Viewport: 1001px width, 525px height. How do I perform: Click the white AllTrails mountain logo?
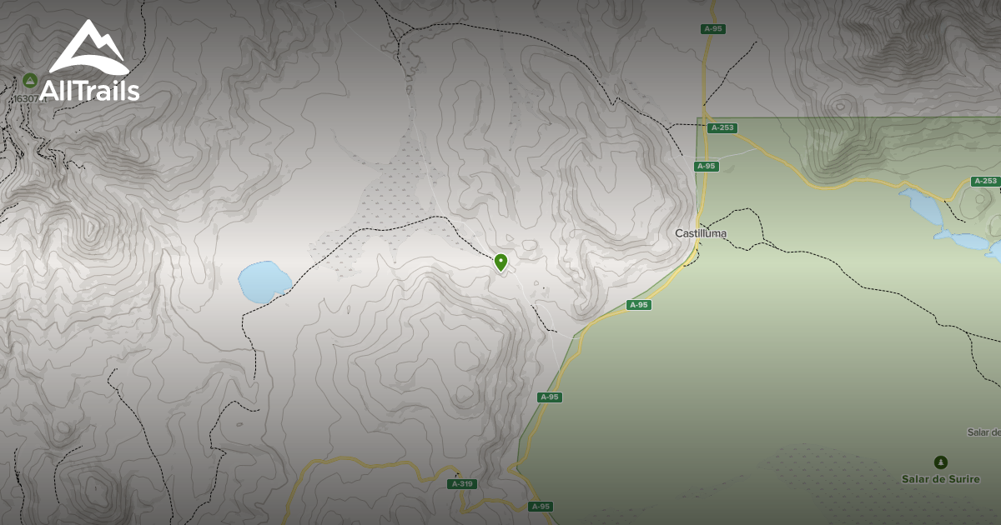[88, 50]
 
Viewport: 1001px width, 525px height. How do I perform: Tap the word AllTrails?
[89, 91]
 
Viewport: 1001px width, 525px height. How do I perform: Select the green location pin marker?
[500, 262]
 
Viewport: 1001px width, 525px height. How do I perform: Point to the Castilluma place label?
[701, 233]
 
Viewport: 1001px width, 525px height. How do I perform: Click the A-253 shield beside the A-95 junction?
[722, 128]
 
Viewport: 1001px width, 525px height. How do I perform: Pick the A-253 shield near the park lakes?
[985, 181]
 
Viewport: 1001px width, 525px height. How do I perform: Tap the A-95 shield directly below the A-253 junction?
[707, 167]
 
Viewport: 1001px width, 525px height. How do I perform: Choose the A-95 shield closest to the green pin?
[638, 305]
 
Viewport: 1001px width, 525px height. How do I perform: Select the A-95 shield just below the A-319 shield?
[541, 506]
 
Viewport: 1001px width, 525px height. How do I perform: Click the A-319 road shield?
[462, 484]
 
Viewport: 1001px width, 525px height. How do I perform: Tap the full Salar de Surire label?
[941, 479]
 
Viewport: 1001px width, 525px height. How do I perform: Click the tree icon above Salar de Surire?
[941, 462]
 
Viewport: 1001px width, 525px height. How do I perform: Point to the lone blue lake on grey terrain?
[264, 282]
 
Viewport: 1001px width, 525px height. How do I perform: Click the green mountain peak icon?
[30, 80]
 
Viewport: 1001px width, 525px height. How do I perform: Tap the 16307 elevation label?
[25, 98]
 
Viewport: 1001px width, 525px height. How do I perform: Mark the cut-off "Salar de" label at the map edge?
[983, 432]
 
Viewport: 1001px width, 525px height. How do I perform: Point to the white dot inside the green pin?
[500, 260]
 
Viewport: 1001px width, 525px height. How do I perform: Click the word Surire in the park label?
[963, 479]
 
